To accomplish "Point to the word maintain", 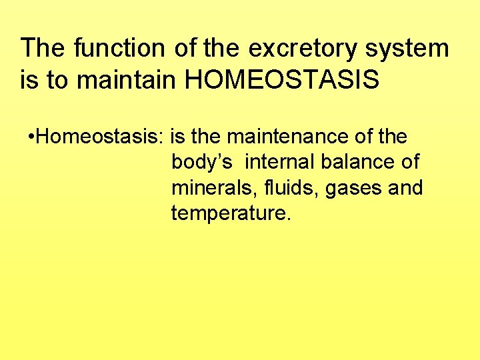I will [x=127, y=80].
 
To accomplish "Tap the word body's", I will [x=201, y=162].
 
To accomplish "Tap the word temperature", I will [x=231, y=214].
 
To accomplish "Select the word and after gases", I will [x=405, y=188].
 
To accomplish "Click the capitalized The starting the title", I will [x=43, y=48].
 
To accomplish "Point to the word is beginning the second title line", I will [x=29, y=80].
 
